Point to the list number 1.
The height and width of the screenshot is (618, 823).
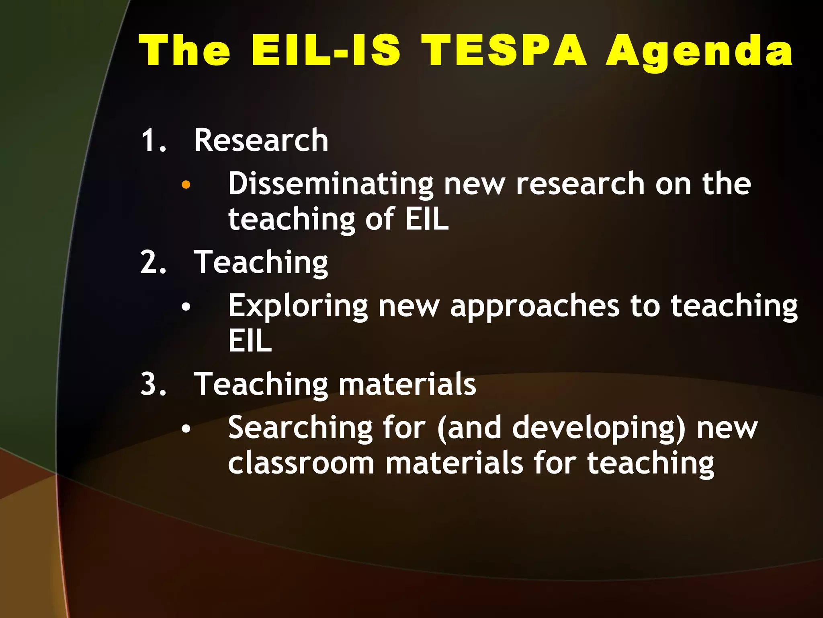[x=153, y=140]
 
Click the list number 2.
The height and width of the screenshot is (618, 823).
[x=153, y=262]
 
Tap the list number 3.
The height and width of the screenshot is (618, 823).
[x=153, y=384]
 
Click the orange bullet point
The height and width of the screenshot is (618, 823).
[x=186, y=185]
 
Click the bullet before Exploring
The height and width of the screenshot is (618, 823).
[x=186, y=307]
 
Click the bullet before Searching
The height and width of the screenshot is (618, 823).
[x=186, y=429]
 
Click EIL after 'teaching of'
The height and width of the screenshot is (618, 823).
[x=427, y=219]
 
